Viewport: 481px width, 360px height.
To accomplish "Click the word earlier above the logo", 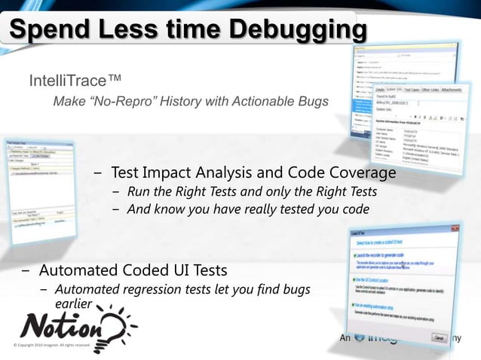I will (x=73, y=304).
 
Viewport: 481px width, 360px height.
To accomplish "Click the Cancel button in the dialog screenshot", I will (x=438, y=338).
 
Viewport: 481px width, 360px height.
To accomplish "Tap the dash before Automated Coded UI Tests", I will (x=26, y=270).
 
